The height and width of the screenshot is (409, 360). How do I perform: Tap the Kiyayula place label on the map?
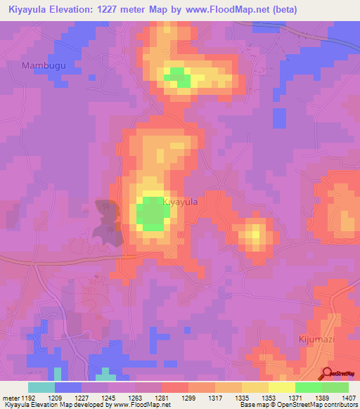(x=180, y=202)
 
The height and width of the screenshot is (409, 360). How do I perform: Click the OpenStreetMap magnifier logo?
(x=327, y=375)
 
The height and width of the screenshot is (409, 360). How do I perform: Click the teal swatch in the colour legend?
(x=41, y=387)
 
